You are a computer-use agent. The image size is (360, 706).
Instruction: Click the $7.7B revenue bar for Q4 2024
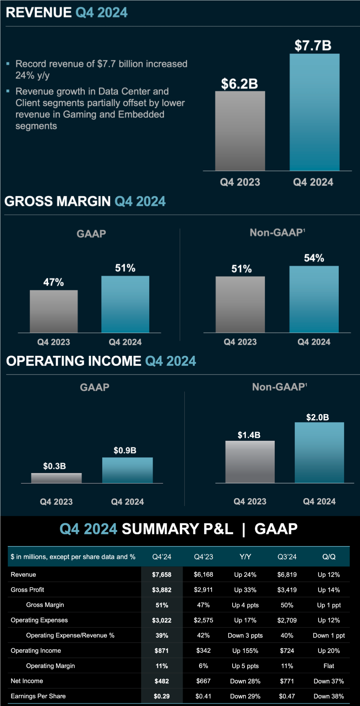[x=314, y=112]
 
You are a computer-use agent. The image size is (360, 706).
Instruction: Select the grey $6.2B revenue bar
[x=240, y=131]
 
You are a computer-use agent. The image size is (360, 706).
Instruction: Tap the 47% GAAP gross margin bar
[x=54, y=311]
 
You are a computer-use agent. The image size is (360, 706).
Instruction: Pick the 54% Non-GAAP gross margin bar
[x=314, y=299]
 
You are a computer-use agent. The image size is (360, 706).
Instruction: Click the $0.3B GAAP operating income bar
[x=56, y=478]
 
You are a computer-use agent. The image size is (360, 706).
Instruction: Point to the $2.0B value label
[x=317, y=417]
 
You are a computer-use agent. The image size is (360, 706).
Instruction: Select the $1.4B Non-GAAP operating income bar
[x=250, y=462]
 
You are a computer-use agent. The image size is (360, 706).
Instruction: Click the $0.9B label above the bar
[x=125, y=450]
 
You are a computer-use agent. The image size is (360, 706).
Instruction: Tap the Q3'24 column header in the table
[x=287, y=557]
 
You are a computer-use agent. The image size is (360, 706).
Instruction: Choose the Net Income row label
[x=27, y=681]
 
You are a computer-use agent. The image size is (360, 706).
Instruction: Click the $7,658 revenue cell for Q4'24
[x=162, y=574]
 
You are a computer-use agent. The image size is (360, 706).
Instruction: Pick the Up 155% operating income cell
[x=245, y=651]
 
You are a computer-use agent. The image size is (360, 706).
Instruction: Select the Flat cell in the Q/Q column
[x=329, y=666]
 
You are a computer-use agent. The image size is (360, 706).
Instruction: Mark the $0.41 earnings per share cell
[x=203, y=696]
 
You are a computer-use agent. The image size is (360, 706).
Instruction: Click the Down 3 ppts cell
[x=245, y=635]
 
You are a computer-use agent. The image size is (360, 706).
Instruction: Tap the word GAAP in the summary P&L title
[x=276, y=529]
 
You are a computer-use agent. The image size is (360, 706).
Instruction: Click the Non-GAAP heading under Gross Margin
[x=277, y=233]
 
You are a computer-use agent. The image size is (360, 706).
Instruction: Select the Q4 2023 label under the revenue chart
[x=240, y=182]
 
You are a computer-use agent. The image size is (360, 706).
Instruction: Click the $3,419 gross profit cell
[x=287, y=590]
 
